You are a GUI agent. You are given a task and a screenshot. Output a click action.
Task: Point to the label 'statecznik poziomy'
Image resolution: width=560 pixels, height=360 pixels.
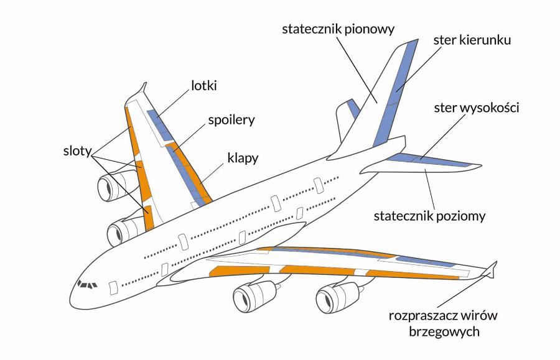(429, 217)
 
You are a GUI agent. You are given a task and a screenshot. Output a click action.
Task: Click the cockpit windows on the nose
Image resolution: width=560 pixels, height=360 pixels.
(87, 285)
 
